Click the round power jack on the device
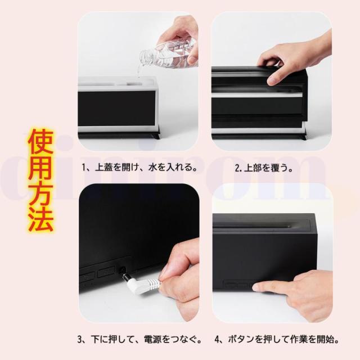pyautogui.click(x=123, y=269)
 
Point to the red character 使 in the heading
pyautogui.click(x=40, y=142)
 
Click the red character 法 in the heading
pyautogui.click(x=40, y=219)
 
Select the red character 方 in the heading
pyautogui.click(x=40, y=193)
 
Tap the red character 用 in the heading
pyautogui.click(x=40, y=168)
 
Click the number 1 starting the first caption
pyautogui.click(x=84, y=168)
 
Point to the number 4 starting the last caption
pyautogui.click(x=217, y=340)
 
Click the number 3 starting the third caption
pyautogui.click(x=80, y=340)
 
